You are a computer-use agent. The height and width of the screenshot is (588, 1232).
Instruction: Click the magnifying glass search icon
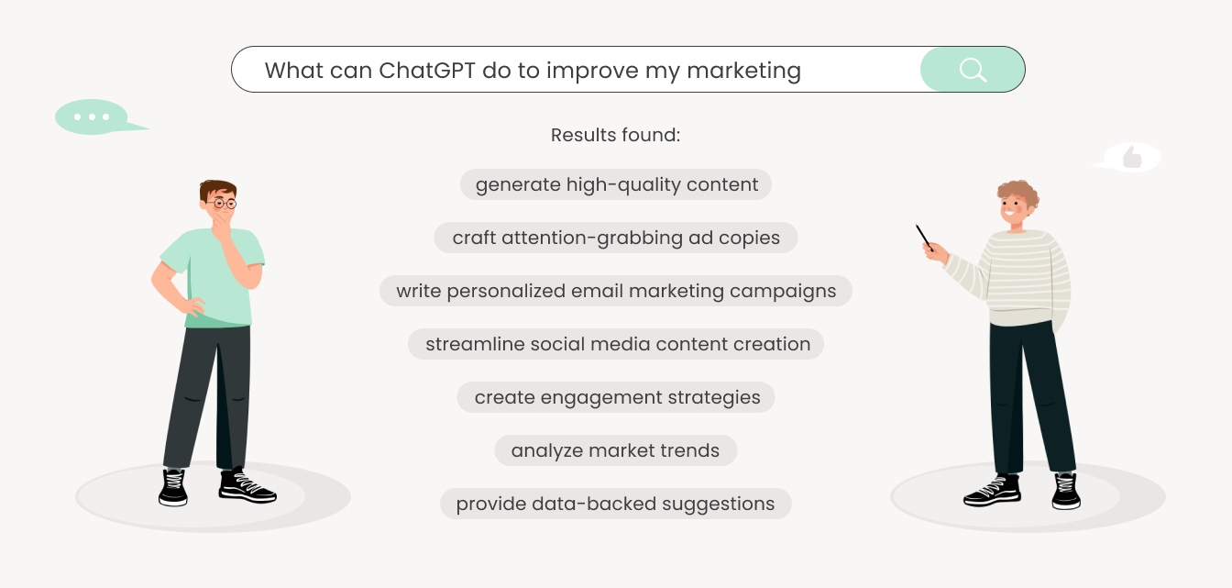coord(973,70)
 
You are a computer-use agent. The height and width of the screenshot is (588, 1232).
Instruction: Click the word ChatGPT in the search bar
coord(426,71)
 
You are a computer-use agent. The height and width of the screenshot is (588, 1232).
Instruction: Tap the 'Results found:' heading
coord(615,135)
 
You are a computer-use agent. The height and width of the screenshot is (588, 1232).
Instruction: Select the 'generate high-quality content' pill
coord(616,184)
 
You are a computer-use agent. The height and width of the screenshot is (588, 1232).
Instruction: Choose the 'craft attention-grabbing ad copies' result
coord(616,238)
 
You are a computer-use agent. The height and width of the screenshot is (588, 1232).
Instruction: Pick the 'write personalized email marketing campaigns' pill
coord(616,291)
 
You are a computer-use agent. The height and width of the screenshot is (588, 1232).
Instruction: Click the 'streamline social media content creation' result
coord(616,344)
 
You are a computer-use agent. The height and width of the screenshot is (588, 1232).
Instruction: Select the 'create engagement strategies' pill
coord(616,397)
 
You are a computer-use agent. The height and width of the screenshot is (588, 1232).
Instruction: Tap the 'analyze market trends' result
coord(616,450)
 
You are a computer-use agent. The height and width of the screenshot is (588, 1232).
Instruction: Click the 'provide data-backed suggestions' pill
coord(616,504)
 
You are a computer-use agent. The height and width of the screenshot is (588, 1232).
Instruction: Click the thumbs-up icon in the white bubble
coord(1132,157)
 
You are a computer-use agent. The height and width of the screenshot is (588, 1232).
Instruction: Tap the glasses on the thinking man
coord(222,204)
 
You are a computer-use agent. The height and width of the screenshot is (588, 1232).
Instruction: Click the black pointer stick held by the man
coord(925,238)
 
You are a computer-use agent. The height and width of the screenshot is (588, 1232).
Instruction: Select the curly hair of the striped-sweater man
coord(1019,194)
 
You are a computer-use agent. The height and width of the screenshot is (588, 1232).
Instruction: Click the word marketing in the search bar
coord(743,72)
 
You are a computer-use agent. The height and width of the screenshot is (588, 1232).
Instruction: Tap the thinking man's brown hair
coord(218,189)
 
